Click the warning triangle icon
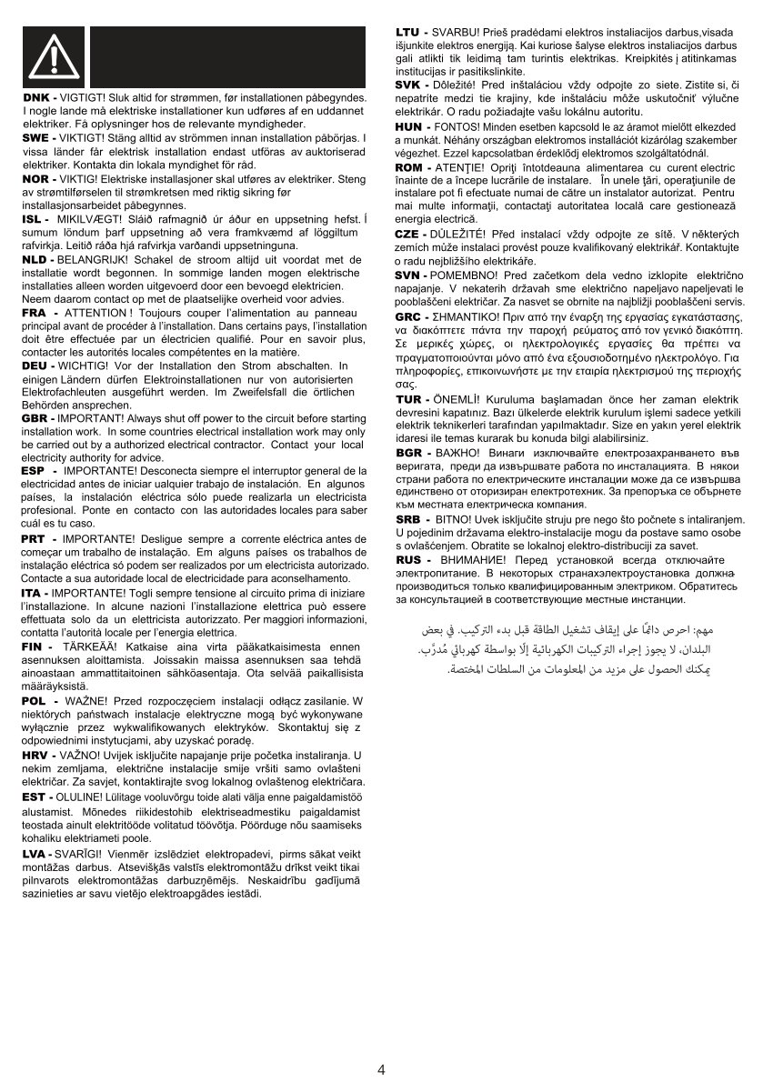[54, 57]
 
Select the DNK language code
[36, 97]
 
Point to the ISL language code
[34, 219]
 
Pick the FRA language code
[34, 312]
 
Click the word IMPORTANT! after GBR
[91, 417]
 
